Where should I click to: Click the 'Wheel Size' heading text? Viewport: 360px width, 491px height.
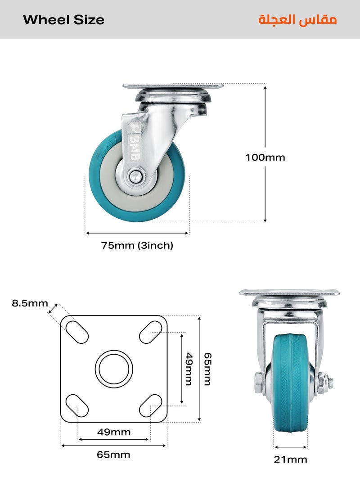(x=63, y=20)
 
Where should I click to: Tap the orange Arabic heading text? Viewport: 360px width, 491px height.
(x=297, y=20)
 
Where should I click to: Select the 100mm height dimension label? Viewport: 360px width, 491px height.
(x=265, y=158)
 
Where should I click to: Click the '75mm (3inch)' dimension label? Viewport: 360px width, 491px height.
(x=137, y=246)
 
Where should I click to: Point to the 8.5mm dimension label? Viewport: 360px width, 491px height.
(x=30, y=303)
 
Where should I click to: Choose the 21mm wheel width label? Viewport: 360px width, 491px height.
(x=291, y=459)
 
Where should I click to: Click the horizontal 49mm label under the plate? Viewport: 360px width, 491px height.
(x=114, y=432)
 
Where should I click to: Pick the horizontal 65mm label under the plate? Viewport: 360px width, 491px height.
(x=114, y=455)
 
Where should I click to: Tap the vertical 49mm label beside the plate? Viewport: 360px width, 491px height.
(x=189, y=369)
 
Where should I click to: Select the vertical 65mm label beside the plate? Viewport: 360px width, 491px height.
(x=207, y=369)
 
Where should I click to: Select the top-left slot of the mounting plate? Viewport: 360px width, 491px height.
(x=77, y=332)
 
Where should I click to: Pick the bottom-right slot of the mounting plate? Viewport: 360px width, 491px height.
(x=151, y=405)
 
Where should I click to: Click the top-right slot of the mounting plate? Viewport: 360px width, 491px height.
(x=151, y=332)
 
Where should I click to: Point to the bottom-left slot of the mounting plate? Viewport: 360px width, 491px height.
(x=77, y=405)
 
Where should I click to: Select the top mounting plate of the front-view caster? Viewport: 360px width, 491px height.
(x=289, y=293)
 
